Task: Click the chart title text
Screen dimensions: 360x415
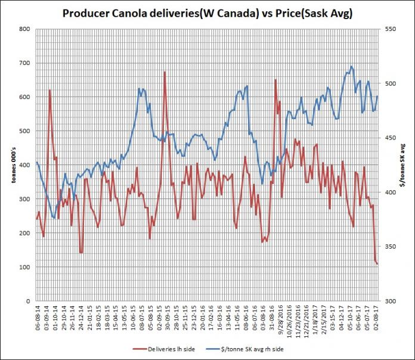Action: tap(207, 14)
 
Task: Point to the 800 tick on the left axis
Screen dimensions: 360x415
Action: tap(26, 29)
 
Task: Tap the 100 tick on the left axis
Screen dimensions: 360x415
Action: tap(26, 267)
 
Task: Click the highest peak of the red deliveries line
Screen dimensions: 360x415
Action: tap(165, 72)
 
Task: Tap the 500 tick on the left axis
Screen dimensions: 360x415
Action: tap(26, 131)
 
